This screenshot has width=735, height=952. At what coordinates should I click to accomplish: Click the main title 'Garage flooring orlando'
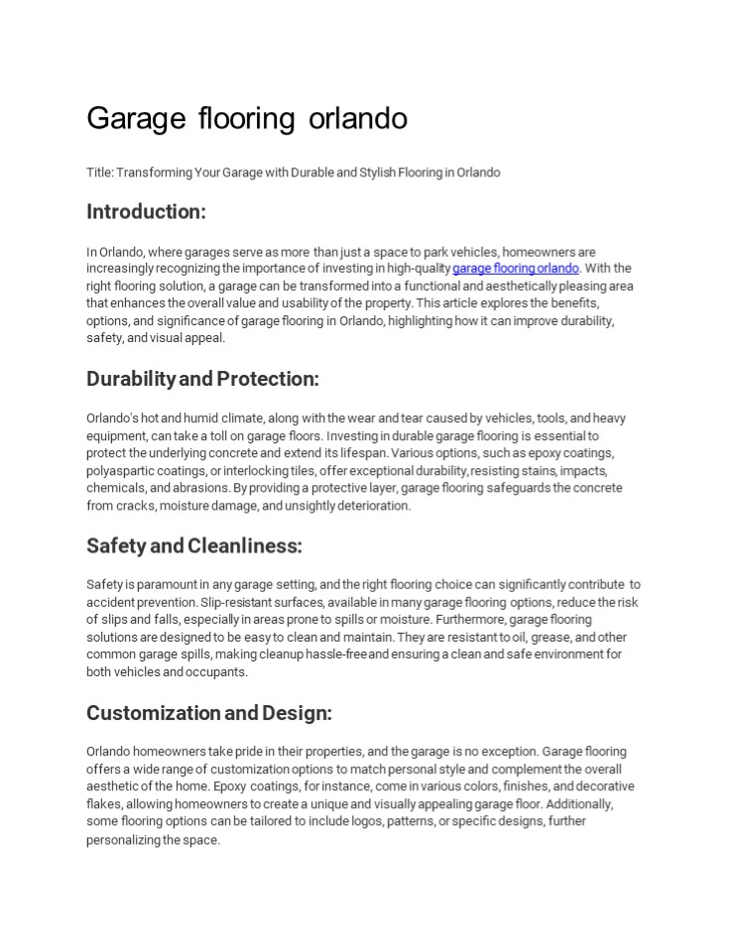[247, 119]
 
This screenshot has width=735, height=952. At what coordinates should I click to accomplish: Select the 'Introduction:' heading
[146, 211]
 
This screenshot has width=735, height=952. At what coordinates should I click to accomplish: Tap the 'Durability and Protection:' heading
[202, 379]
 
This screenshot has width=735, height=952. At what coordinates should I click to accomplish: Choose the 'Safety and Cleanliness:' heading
[193, 545]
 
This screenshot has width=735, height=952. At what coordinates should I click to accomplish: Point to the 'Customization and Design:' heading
[209, 713]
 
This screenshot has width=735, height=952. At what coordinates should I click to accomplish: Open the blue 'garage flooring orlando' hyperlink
[515, 269]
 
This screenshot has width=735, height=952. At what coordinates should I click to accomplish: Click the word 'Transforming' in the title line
[148, 173]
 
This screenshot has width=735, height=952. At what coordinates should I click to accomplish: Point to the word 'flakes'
[102, 805]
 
